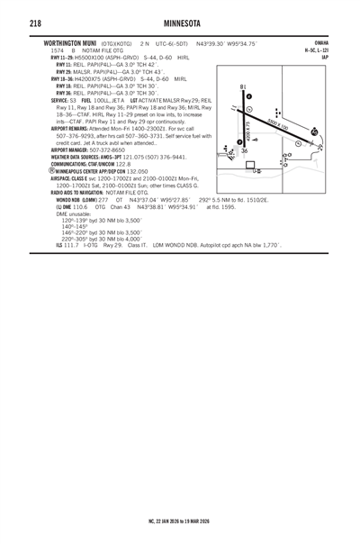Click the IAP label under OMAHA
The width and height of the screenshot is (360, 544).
(324, 58)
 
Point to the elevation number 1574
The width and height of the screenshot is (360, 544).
(57, 50)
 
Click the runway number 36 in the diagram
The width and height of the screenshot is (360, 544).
(244, 152)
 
